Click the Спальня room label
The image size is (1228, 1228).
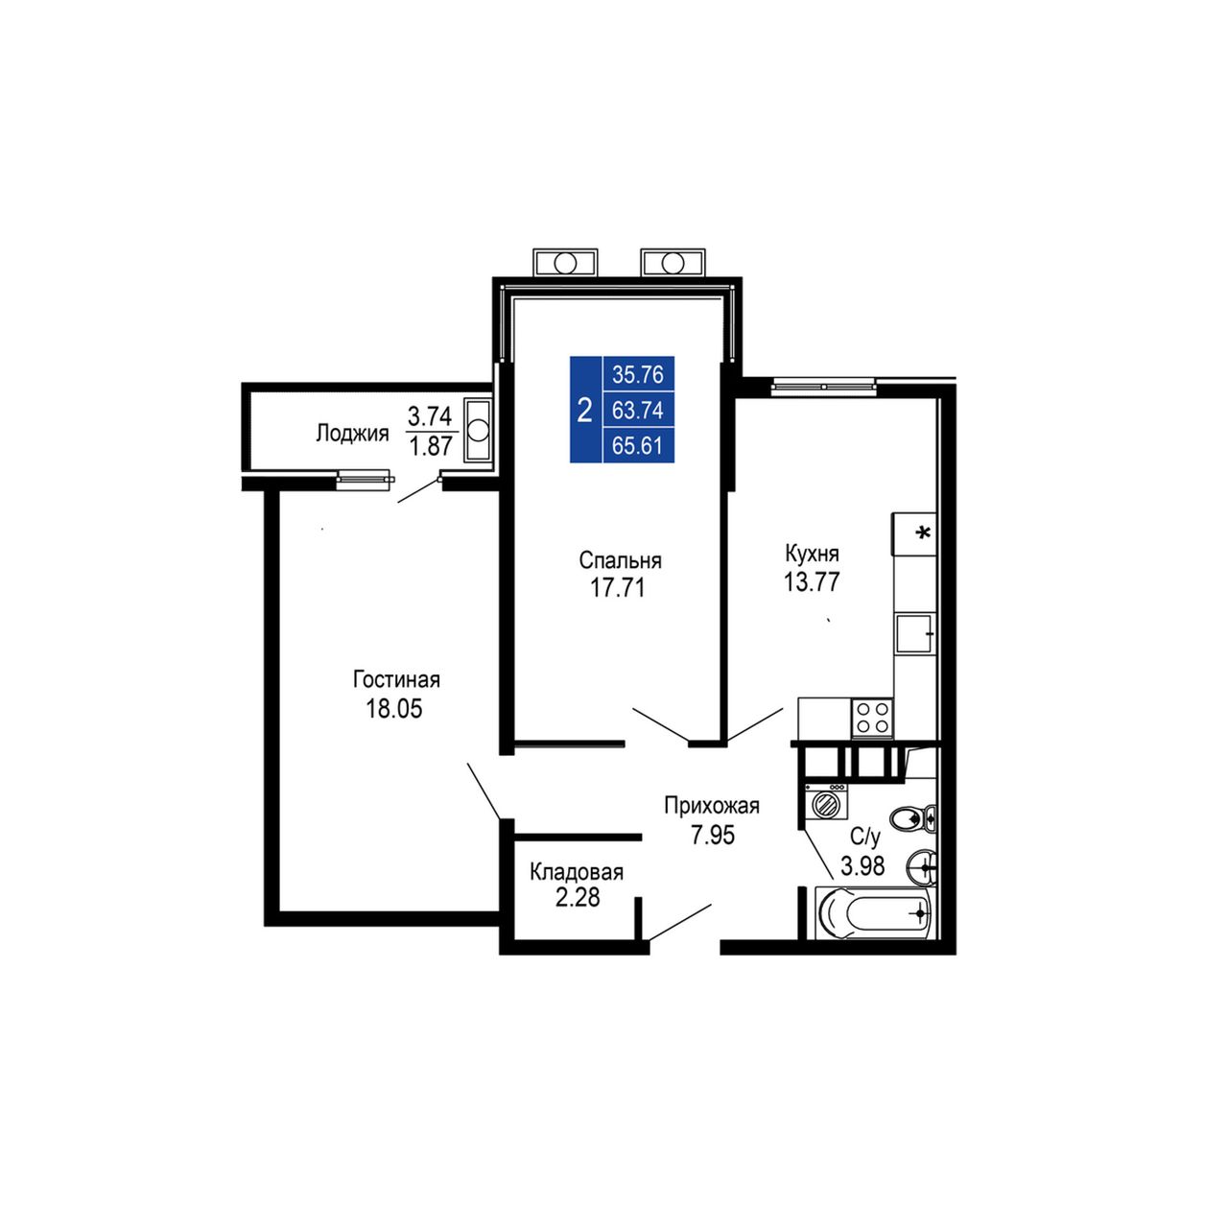(x=620, y=561)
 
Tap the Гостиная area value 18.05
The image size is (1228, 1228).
(x=394, y=709)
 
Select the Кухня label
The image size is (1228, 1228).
(x=812, y=554)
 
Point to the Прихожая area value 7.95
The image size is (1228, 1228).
(x=713, y=834)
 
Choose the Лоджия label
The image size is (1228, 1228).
(x=352, y=434)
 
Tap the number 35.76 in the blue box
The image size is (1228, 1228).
(x=638, y=375)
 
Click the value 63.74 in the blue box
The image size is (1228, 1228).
(x=638, y=411)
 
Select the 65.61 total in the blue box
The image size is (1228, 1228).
(x=638, y=445)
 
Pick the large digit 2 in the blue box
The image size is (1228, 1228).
(x=584, y=411)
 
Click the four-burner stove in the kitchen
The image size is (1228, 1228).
(x=872, y=718)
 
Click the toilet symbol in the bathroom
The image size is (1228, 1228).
(x=912, y=819)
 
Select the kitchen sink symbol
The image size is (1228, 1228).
(x=915, y=633)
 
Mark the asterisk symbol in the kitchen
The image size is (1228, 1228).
(x=922, y=531)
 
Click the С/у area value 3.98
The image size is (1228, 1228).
(x=862, y=866)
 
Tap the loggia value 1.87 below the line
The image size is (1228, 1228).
(x=431, y=446)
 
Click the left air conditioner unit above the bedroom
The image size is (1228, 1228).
(x=565, y=263)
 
